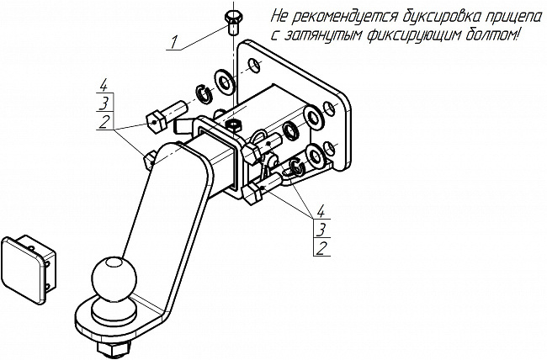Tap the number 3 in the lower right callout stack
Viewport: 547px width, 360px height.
point(321,228)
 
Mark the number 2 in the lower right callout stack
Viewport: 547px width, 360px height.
point(321,247)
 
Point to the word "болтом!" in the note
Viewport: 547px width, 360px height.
point(497,35)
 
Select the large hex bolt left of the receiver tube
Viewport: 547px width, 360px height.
point(166,114)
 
